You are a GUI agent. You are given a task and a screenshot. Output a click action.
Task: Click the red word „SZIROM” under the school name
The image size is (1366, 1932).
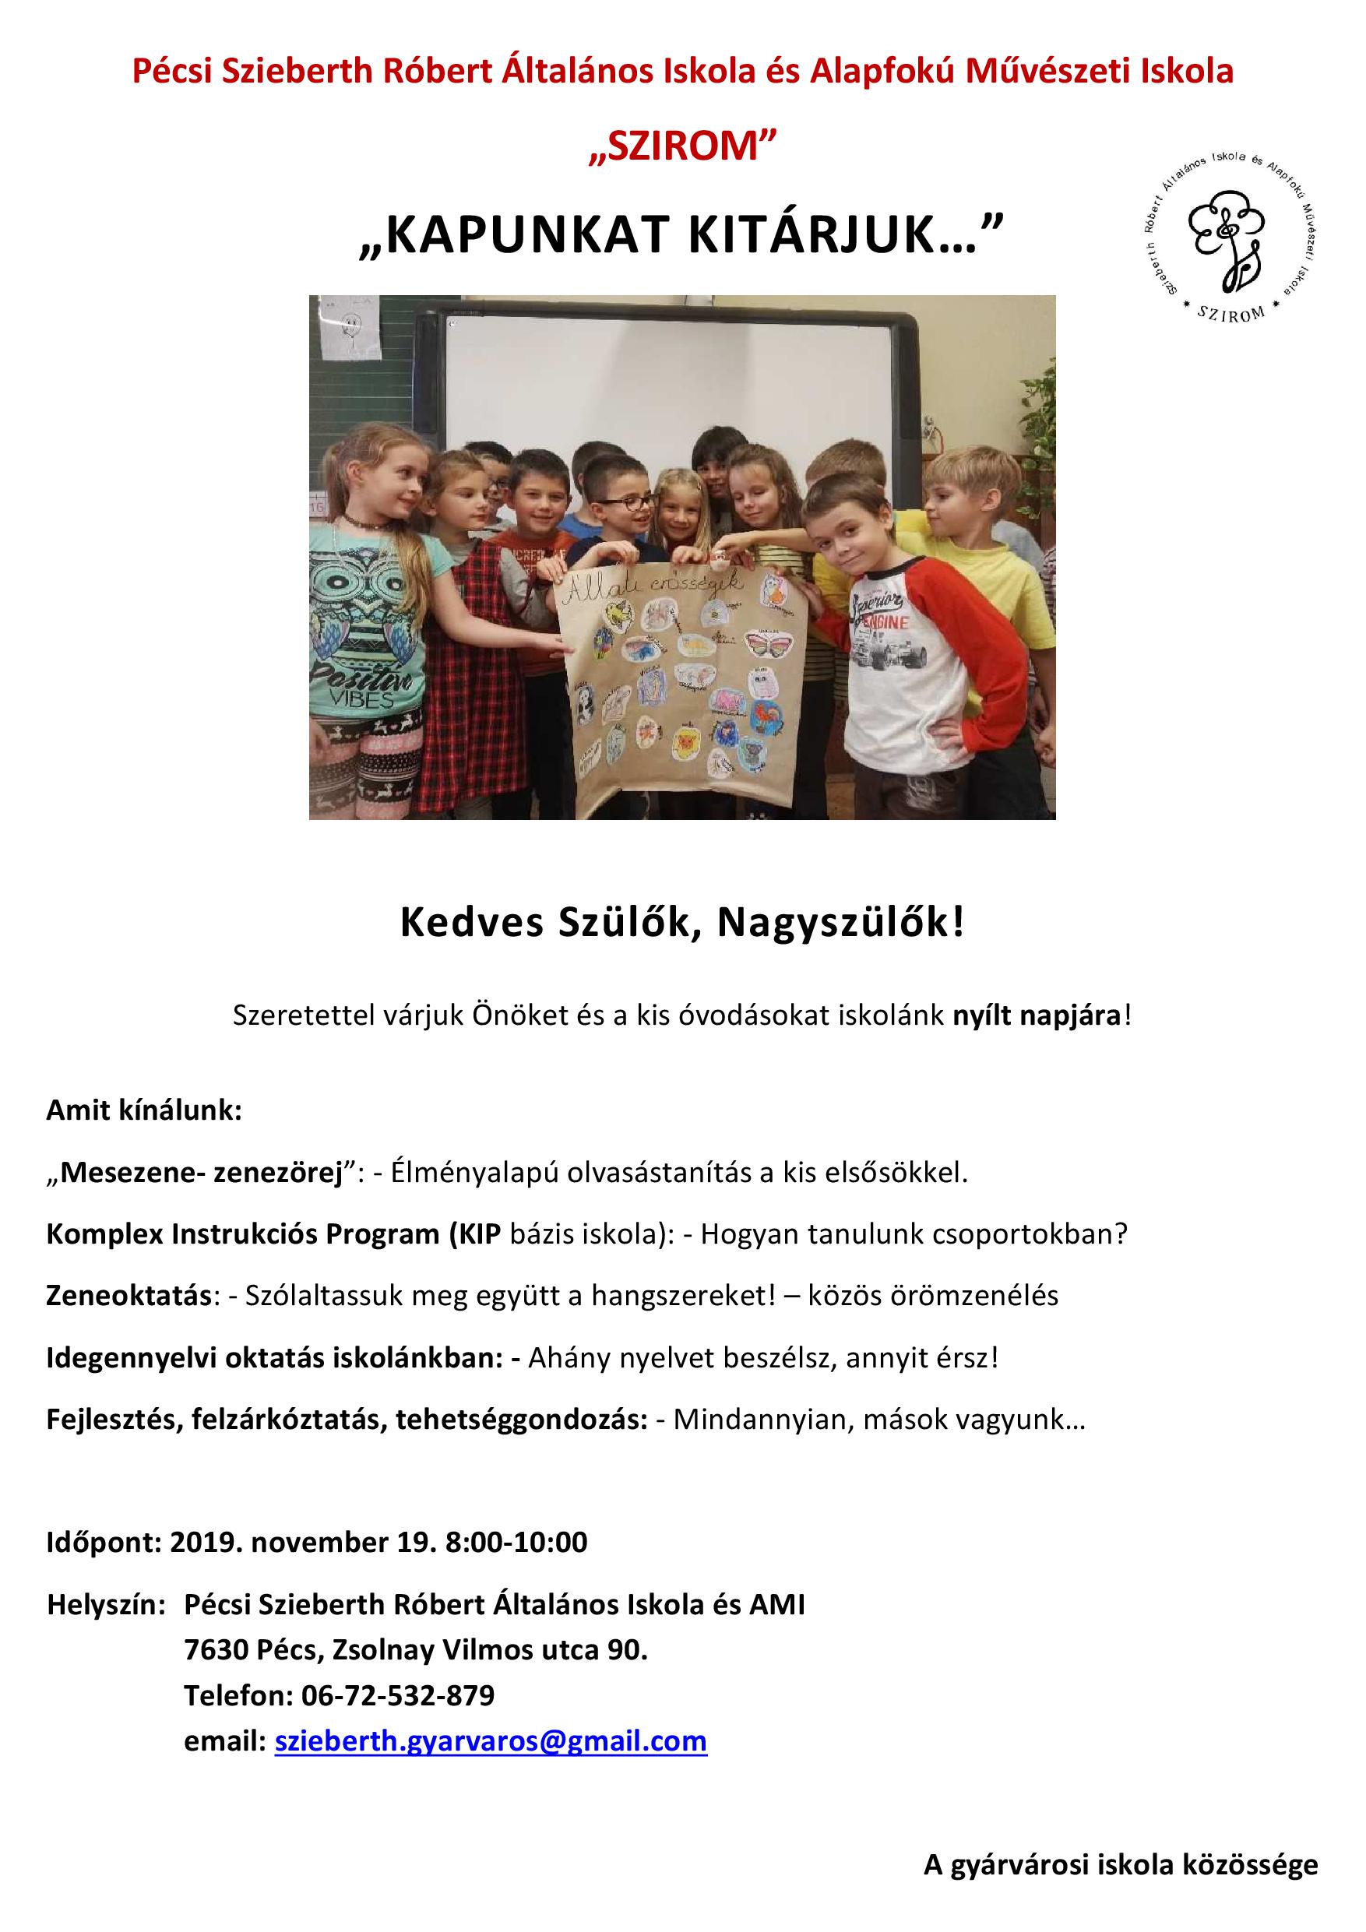[682, 148]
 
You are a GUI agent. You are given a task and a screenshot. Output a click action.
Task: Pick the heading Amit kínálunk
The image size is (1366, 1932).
[144, 1110]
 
